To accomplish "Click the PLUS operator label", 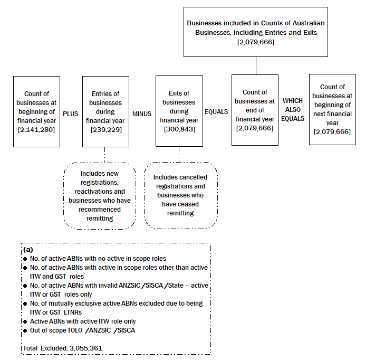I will click(70, 113).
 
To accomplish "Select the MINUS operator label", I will click(142, 113).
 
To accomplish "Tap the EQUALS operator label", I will click(216, 112).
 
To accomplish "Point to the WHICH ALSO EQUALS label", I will click(293, 109).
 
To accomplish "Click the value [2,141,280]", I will click(36, 129).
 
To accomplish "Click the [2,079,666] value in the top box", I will click(256, 41).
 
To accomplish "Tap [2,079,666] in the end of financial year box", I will click(255, 128).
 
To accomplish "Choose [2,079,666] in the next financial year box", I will click(332, 131).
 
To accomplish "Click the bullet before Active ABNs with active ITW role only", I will click(25, 321).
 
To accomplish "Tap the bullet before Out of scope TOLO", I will click(25, 330).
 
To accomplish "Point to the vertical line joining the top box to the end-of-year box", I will click(256, 65).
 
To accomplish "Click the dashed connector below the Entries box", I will click(104, 155).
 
